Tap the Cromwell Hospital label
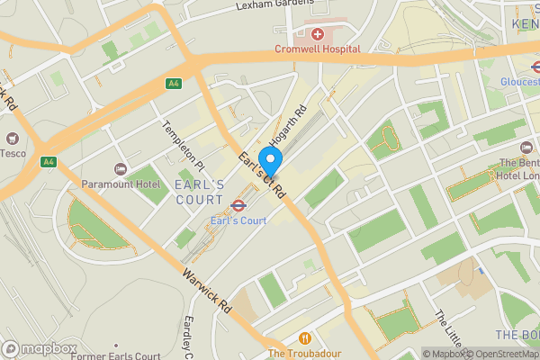(x=318, y=49)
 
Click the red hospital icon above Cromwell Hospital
(x=317, y=34)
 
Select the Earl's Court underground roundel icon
(x=238, y=206)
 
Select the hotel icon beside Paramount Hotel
(x=120, y=169)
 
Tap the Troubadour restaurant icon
(x=305, y=338)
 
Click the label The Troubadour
(x=304, y=353)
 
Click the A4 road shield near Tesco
(x=49, y=162)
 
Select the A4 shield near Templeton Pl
(x=174, y=84)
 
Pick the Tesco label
(x=12, y=153)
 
